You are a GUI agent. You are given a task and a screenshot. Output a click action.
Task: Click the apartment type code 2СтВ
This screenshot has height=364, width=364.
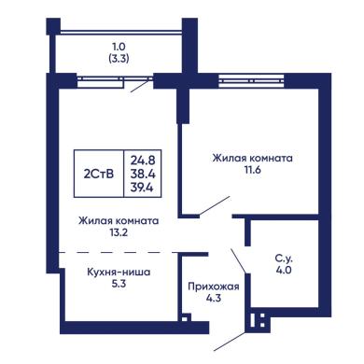[99, 175]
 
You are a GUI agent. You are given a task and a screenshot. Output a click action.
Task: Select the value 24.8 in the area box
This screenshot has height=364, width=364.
[143, 161]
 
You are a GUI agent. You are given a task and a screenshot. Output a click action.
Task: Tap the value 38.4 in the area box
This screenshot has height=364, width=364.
[143, 174]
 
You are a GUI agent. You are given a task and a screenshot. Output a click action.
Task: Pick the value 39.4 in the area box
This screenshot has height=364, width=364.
[143, 188]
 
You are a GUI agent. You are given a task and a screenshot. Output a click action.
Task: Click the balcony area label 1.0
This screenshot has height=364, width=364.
[119, 47]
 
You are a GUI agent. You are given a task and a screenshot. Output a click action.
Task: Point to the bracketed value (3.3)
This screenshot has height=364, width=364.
[119, 59]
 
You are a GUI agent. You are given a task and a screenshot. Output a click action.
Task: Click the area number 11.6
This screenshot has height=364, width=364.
[252, 170]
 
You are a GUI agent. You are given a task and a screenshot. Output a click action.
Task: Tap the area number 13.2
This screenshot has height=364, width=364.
[119, 232]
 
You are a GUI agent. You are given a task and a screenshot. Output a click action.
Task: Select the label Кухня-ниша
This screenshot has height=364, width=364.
[119, 273]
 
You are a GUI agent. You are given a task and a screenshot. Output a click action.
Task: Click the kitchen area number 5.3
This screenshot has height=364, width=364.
[119, 284]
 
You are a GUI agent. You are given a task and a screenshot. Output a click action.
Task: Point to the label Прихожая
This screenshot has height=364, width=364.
[214, 287]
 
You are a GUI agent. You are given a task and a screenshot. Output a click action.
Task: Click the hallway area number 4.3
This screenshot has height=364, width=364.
[214, 299]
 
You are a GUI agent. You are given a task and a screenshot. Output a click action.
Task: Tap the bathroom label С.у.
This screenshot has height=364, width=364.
[284, 259]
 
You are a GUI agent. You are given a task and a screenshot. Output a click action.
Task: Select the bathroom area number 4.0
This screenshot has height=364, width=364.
[284, 270]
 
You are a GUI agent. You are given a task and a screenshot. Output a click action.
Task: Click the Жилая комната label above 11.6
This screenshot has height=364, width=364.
[252, 158]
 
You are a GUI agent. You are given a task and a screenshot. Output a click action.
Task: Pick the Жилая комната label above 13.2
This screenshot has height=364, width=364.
[119, 221]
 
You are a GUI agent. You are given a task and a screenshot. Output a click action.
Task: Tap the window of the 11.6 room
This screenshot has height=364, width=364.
[251, 81]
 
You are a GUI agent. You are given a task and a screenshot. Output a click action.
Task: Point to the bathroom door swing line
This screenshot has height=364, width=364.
[239, 260]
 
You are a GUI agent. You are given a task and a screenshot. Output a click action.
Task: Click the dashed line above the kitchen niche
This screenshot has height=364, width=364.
[119, 252]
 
